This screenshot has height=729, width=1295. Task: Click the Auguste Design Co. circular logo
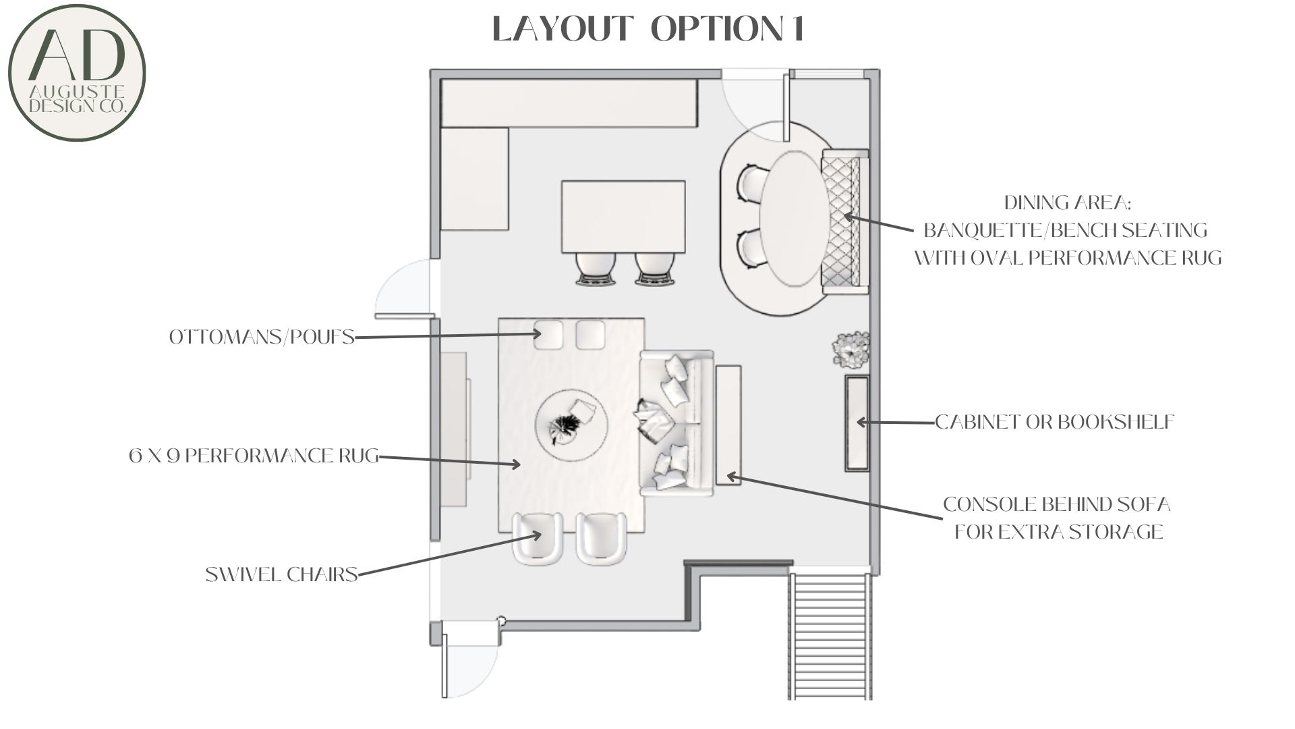[x=77, y=73]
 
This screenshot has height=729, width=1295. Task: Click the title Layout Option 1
[x=648, y=29]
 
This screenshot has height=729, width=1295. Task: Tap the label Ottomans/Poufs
[x=262, y=337]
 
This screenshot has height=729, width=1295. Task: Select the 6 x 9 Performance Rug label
[x=254, y=456]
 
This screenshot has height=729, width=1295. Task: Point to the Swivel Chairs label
[x=281, y=574]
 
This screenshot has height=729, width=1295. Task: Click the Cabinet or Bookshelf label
[x=1055, y=422]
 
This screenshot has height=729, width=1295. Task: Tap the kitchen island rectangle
[x=623, y=216]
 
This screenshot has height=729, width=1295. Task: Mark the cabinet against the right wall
[x=857, y=423]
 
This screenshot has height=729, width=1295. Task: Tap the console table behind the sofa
[x=728, y=425]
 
